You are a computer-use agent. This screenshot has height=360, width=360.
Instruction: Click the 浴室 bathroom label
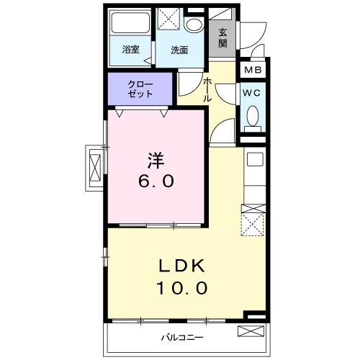coord(131,50)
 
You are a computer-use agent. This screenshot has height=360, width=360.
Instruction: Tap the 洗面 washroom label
coord(179,50)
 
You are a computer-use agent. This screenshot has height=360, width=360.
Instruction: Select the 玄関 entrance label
coord(222,38)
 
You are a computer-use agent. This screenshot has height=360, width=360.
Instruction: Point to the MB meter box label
coord(253,70)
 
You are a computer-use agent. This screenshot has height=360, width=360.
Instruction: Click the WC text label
coord(251,93)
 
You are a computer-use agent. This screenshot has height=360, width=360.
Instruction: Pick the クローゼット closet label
coord(140,89)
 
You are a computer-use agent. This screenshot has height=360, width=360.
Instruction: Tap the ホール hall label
coord(207,90)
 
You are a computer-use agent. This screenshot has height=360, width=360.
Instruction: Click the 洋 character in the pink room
coord(156,160)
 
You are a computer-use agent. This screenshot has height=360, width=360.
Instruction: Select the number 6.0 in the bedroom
coord(156,181)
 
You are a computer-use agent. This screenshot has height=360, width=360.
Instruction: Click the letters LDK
coord(182,266)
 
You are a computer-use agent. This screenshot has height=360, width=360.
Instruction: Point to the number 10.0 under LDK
coord(182,288)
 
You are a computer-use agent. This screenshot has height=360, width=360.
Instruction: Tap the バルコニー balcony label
coord(182,338)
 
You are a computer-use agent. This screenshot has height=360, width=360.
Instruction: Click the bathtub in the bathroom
coord(130,23)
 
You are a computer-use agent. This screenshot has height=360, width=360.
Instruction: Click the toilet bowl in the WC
coord(253,116)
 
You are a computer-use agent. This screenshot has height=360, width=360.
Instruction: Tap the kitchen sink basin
coord(255,159)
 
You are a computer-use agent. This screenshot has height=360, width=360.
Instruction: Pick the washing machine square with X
coord(168,19)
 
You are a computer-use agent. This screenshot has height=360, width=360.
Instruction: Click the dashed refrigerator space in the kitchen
coord(253,225)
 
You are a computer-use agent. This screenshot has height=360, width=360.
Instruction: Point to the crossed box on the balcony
coord(251,331)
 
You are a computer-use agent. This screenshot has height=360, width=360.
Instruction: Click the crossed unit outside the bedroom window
coord(95,168)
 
